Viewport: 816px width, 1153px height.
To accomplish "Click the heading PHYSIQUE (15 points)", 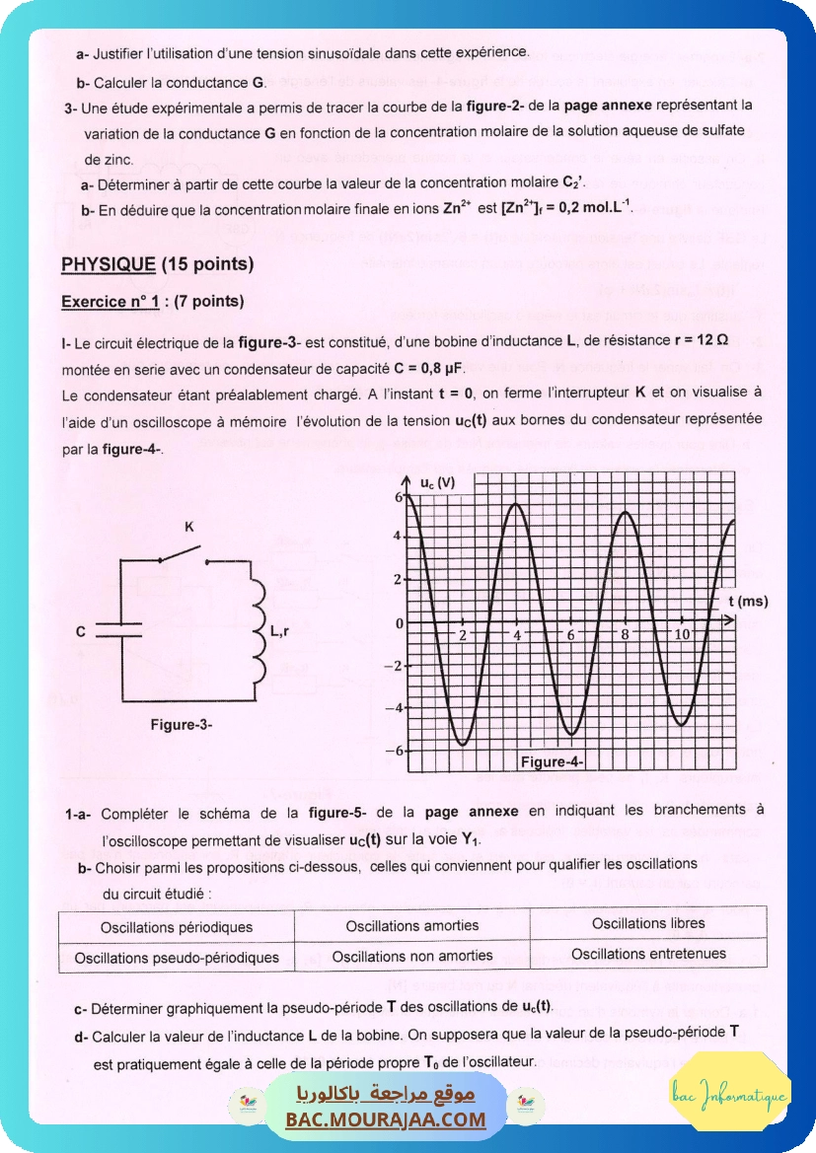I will click(x=157, y=264).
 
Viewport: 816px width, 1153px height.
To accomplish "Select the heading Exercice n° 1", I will click(x=110, y=301).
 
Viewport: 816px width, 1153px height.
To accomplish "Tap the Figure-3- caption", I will click(x=182, y=724).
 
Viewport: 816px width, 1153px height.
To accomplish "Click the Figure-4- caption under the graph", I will click(x=553, y=761).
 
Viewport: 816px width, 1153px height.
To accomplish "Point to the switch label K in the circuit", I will click(x=189, y=528).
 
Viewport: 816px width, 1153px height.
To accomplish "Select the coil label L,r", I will click(x=279, y=630).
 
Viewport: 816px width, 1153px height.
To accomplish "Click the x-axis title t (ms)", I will click(x=748, y=600).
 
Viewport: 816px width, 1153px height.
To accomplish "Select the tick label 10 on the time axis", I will click(x=682, y=634).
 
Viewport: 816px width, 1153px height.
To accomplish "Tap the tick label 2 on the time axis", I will click(x=462, y=634).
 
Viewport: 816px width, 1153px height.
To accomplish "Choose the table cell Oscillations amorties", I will click(x=411, y=925).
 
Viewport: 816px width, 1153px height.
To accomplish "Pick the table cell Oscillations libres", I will click(x=648, y=923).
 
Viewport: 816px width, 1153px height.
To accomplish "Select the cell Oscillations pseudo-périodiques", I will click(x=177, y=957).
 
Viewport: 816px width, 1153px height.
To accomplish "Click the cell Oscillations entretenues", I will click(x=648, y=954).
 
